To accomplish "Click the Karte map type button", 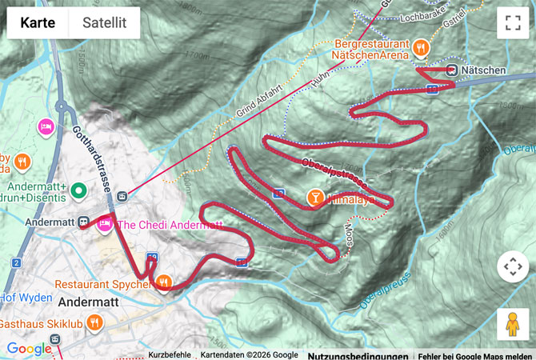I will pyautogui.click(x=38, y=23).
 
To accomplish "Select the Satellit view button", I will pyautogui.click(x=105, y=23).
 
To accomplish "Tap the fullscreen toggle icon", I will pyautogui.click(x=512, y=23).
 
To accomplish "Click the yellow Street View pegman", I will pyautogui.click(x=512, y=324).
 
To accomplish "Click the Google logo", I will pyautogui.click(x=29, y=349).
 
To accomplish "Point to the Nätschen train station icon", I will pyautogui.click(x=453, y=70).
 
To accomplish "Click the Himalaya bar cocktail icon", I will pyautogui.click(x=317, y=197).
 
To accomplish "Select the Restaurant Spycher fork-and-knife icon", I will pyautogui.click(x=164, y=282).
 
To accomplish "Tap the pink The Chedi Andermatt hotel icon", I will pyautogui.click(x=104, y=226).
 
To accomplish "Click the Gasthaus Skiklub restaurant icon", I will pyautogui.click(x=94, y=322).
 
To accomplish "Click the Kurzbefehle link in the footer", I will pyautogui.click(x=170, y=354).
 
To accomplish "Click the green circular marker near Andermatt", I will pyautogui.click(x=78, y=190).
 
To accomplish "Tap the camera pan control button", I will pyautogui.click(x=512, y=266).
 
